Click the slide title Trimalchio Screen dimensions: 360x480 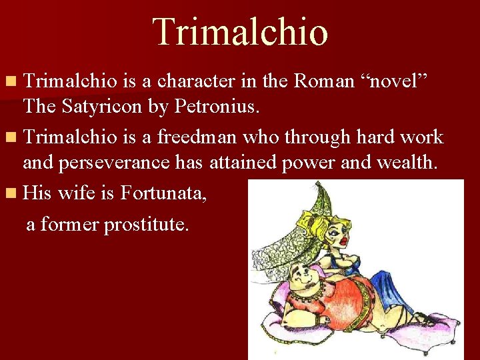[240, 32]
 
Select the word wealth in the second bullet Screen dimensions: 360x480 [411, 162]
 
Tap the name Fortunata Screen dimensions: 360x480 [163, 193]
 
